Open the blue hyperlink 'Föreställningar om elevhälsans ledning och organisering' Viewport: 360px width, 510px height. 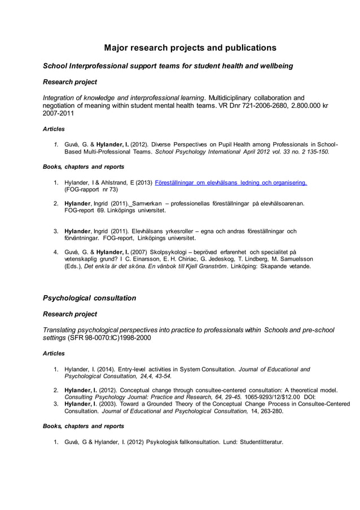(230, 182)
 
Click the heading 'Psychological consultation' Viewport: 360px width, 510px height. (89, 297)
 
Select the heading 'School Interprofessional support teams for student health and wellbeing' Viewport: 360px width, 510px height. (168, 66)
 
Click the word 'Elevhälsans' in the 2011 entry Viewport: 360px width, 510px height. (150, 231)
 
